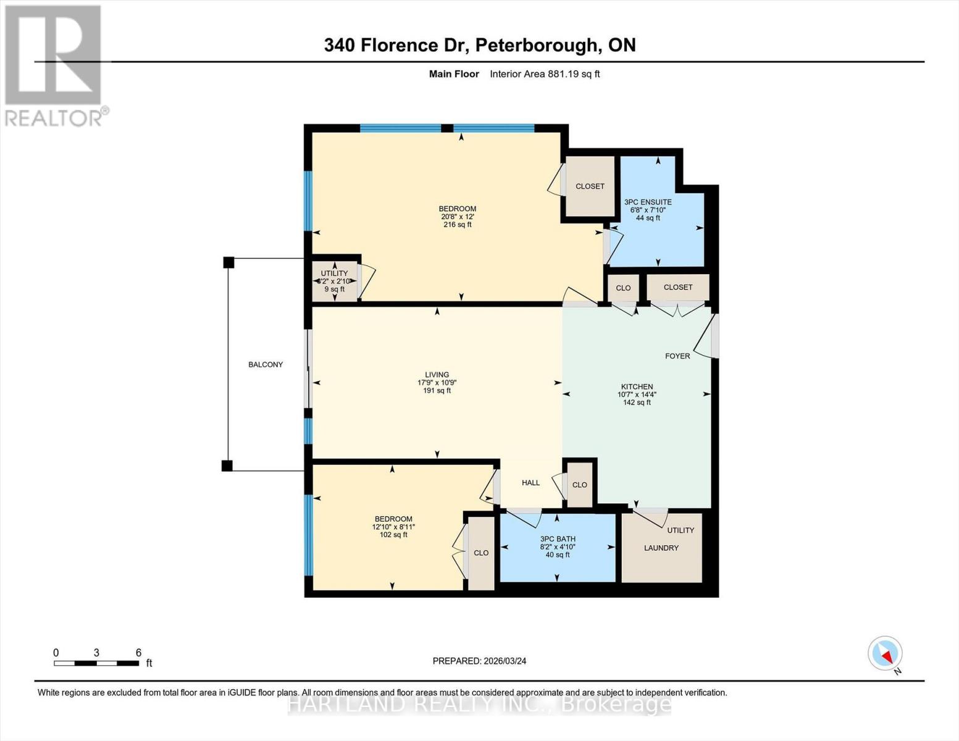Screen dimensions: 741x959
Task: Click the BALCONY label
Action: [x=266, y=365]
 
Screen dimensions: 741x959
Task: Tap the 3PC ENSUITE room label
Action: [x=648, y=202]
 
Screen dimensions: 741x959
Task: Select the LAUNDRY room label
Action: [x=661, y=548]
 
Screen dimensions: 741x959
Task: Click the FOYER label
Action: [x=677, y=356]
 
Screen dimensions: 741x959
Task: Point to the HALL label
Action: [x=530, y=483]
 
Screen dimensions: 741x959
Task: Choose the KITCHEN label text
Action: [x=637, y=387]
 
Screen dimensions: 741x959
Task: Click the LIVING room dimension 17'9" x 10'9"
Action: [x=437, y=383]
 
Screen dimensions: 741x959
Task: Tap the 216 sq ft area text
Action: [x=457, y=225]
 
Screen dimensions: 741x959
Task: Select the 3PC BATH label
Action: [x=558, y=539]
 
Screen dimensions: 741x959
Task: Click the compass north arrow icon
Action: [x=886, y=653]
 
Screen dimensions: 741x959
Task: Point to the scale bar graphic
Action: [x=96, y=663]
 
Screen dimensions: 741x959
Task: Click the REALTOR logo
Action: [x=53, y=65]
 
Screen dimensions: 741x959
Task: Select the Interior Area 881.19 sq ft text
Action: [x=545, y=74]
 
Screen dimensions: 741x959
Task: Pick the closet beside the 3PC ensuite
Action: [x=590, y=186]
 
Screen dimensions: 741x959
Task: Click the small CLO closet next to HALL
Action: [x=579, y=485]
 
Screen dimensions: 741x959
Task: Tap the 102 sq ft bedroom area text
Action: [x=393, y=535]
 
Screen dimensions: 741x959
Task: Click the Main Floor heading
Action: [x=454, y=74]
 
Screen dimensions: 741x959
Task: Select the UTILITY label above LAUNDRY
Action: [x=681, y=530]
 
